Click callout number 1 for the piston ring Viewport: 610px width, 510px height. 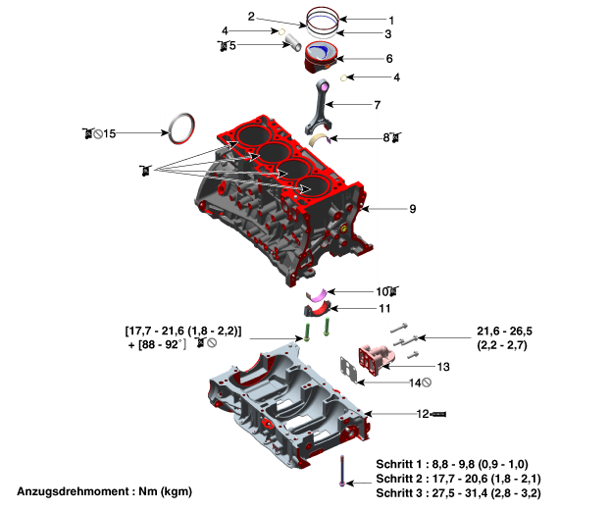[390, 20]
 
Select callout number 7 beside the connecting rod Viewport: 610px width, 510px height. [377, 104]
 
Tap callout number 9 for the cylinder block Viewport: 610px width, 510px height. [413, 209]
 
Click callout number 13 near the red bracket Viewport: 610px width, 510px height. [443, 367]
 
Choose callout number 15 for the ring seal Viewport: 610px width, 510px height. [109, 132]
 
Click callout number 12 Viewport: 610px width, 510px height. [423, 414]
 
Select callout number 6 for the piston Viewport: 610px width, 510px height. [389, 59]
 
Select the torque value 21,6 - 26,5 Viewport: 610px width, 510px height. [505, 331]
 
